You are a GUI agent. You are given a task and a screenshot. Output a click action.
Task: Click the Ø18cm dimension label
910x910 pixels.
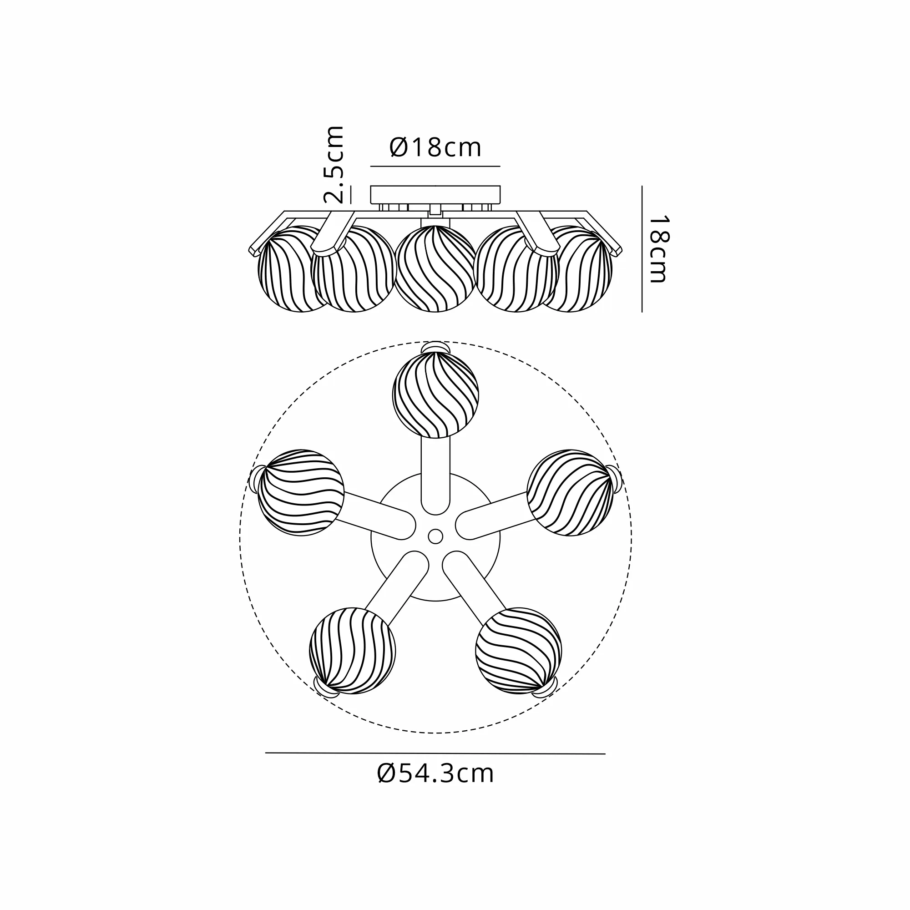click(x=435, y=147)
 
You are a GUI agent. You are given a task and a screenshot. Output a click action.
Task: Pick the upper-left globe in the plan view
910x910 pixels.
click(x=301, y=493)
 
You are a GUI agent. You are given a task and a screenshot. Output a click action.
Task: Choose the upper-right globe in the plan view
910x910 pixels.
click(x=570, y=493)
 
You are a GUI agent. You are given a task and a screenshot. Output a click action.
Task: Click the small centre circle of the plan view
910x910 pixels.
click(x=435, y=536)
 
